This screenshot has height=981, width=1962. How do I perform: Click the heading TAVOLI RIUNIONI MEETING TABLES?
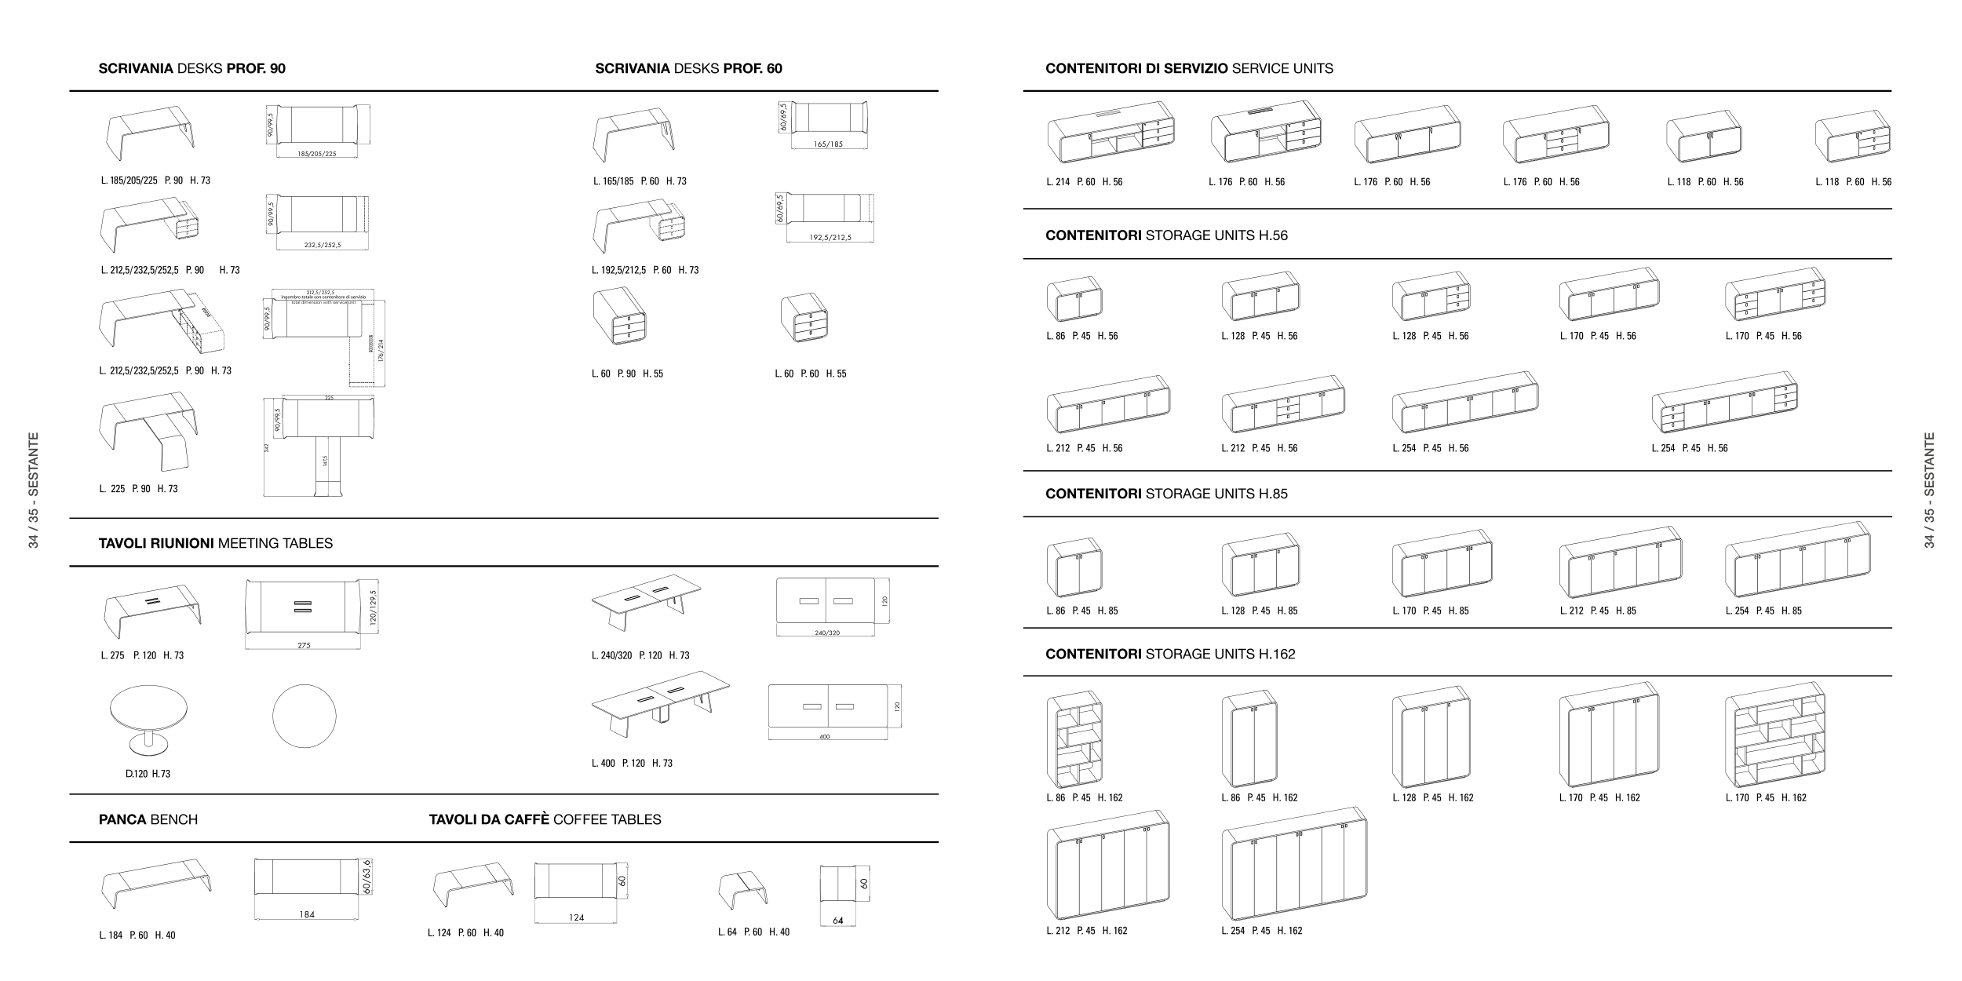(x=215, y=543)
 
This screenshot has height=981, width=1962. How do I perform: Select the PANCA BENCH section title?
(x=148, y=819)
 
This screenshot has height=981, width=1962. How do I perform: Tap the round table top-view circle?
(x=305, y=717)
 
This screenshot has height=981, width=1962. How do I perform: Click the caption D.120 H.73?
(x=148, y=774)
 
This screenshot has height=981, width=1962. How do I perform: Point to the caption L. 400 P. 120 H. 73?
(x=632, y=763)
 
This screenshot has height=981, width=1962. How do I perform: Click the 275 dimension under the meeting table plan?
(x=304, y=646)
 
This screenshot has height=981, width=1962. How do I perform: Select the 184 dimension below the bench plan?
(x=307, y=914)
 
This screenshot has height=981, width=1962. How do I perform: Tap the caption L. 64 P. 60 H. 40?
(x=753, y=932)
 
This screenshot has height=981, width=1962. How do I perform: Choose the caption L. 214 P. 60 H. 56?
(x=1084, y=182)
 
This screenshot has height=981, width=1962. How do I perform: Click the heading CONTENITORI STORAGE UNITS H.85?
(x=1166, y=494)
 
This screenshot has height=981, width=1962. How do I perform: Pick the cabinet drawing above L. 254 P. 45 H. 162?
(x=1294, y=865)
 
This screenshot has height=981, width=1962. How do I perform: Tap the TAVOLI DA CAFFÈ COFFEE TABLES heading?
(x=545, y=819)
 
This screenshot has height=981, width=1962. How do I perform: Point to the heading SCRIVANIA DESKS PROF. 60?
(x=688, y=68)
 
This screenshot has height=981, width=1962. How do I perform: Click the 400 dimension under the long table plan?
(x=824, y=737)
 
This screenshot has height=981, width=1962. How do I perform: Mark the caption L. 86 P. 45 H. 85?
(x=1081, y=611)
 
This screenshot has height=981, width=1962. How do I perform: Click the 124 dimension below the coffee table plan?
(x=576, y=917)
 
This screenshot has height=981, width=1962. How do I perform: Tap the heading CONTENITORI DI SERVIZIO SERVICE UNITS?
(x=1189, y=68)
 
